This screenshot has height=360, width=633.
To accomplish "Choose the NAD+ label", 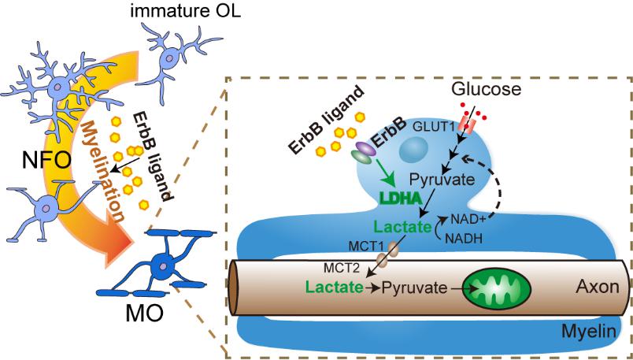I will point(465,219).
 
